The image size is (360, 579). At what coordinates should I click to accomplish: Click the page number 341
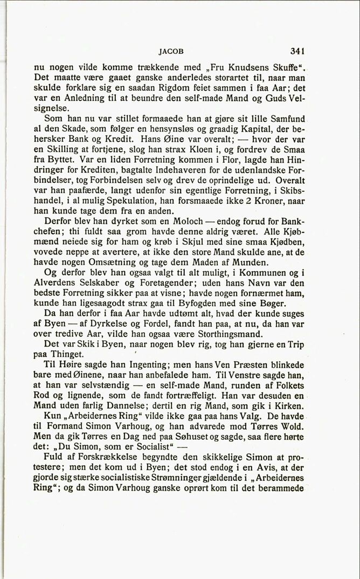(298, 52)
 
